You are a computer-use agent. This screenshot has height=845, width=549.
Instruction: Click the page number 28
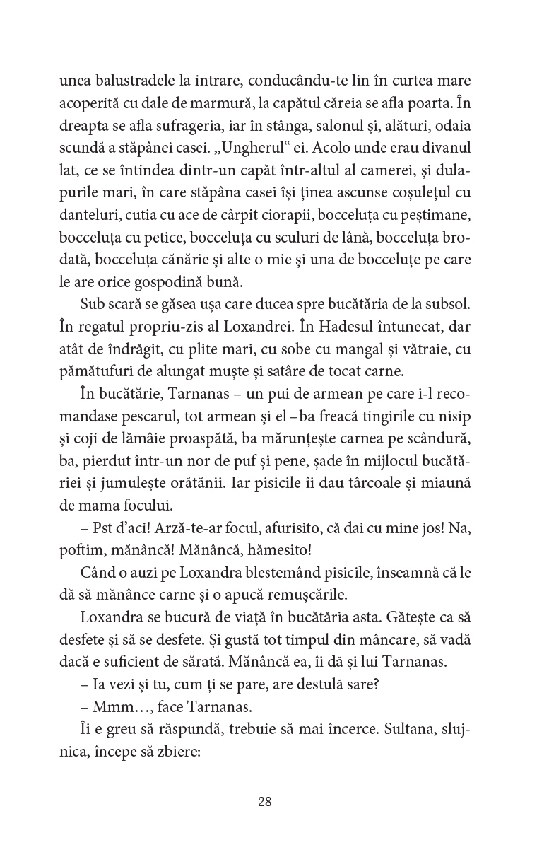tap(265, 801)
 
